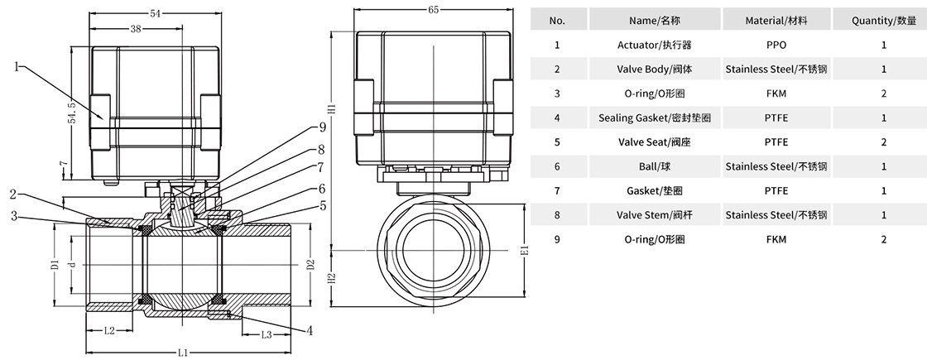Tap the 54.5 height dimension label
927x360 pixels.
tap(73, 113)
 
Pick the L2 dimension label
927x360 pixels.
tap(109, 331)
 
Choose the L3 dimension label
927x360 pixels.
tap(267, 334)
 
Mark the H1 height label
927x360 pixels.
tap(331, 110)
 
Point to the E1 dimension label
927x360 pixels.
tap(523, 250)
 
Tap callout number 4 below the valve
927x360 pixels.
tap(309, 331)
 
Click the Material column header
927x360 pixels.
tap(776, 20)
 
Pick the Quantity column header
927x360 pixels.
tap(884, 20)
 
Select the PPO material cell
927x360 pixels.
tap(776, 45)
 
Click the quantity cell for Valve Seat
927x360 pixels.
tap(884, 142)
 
